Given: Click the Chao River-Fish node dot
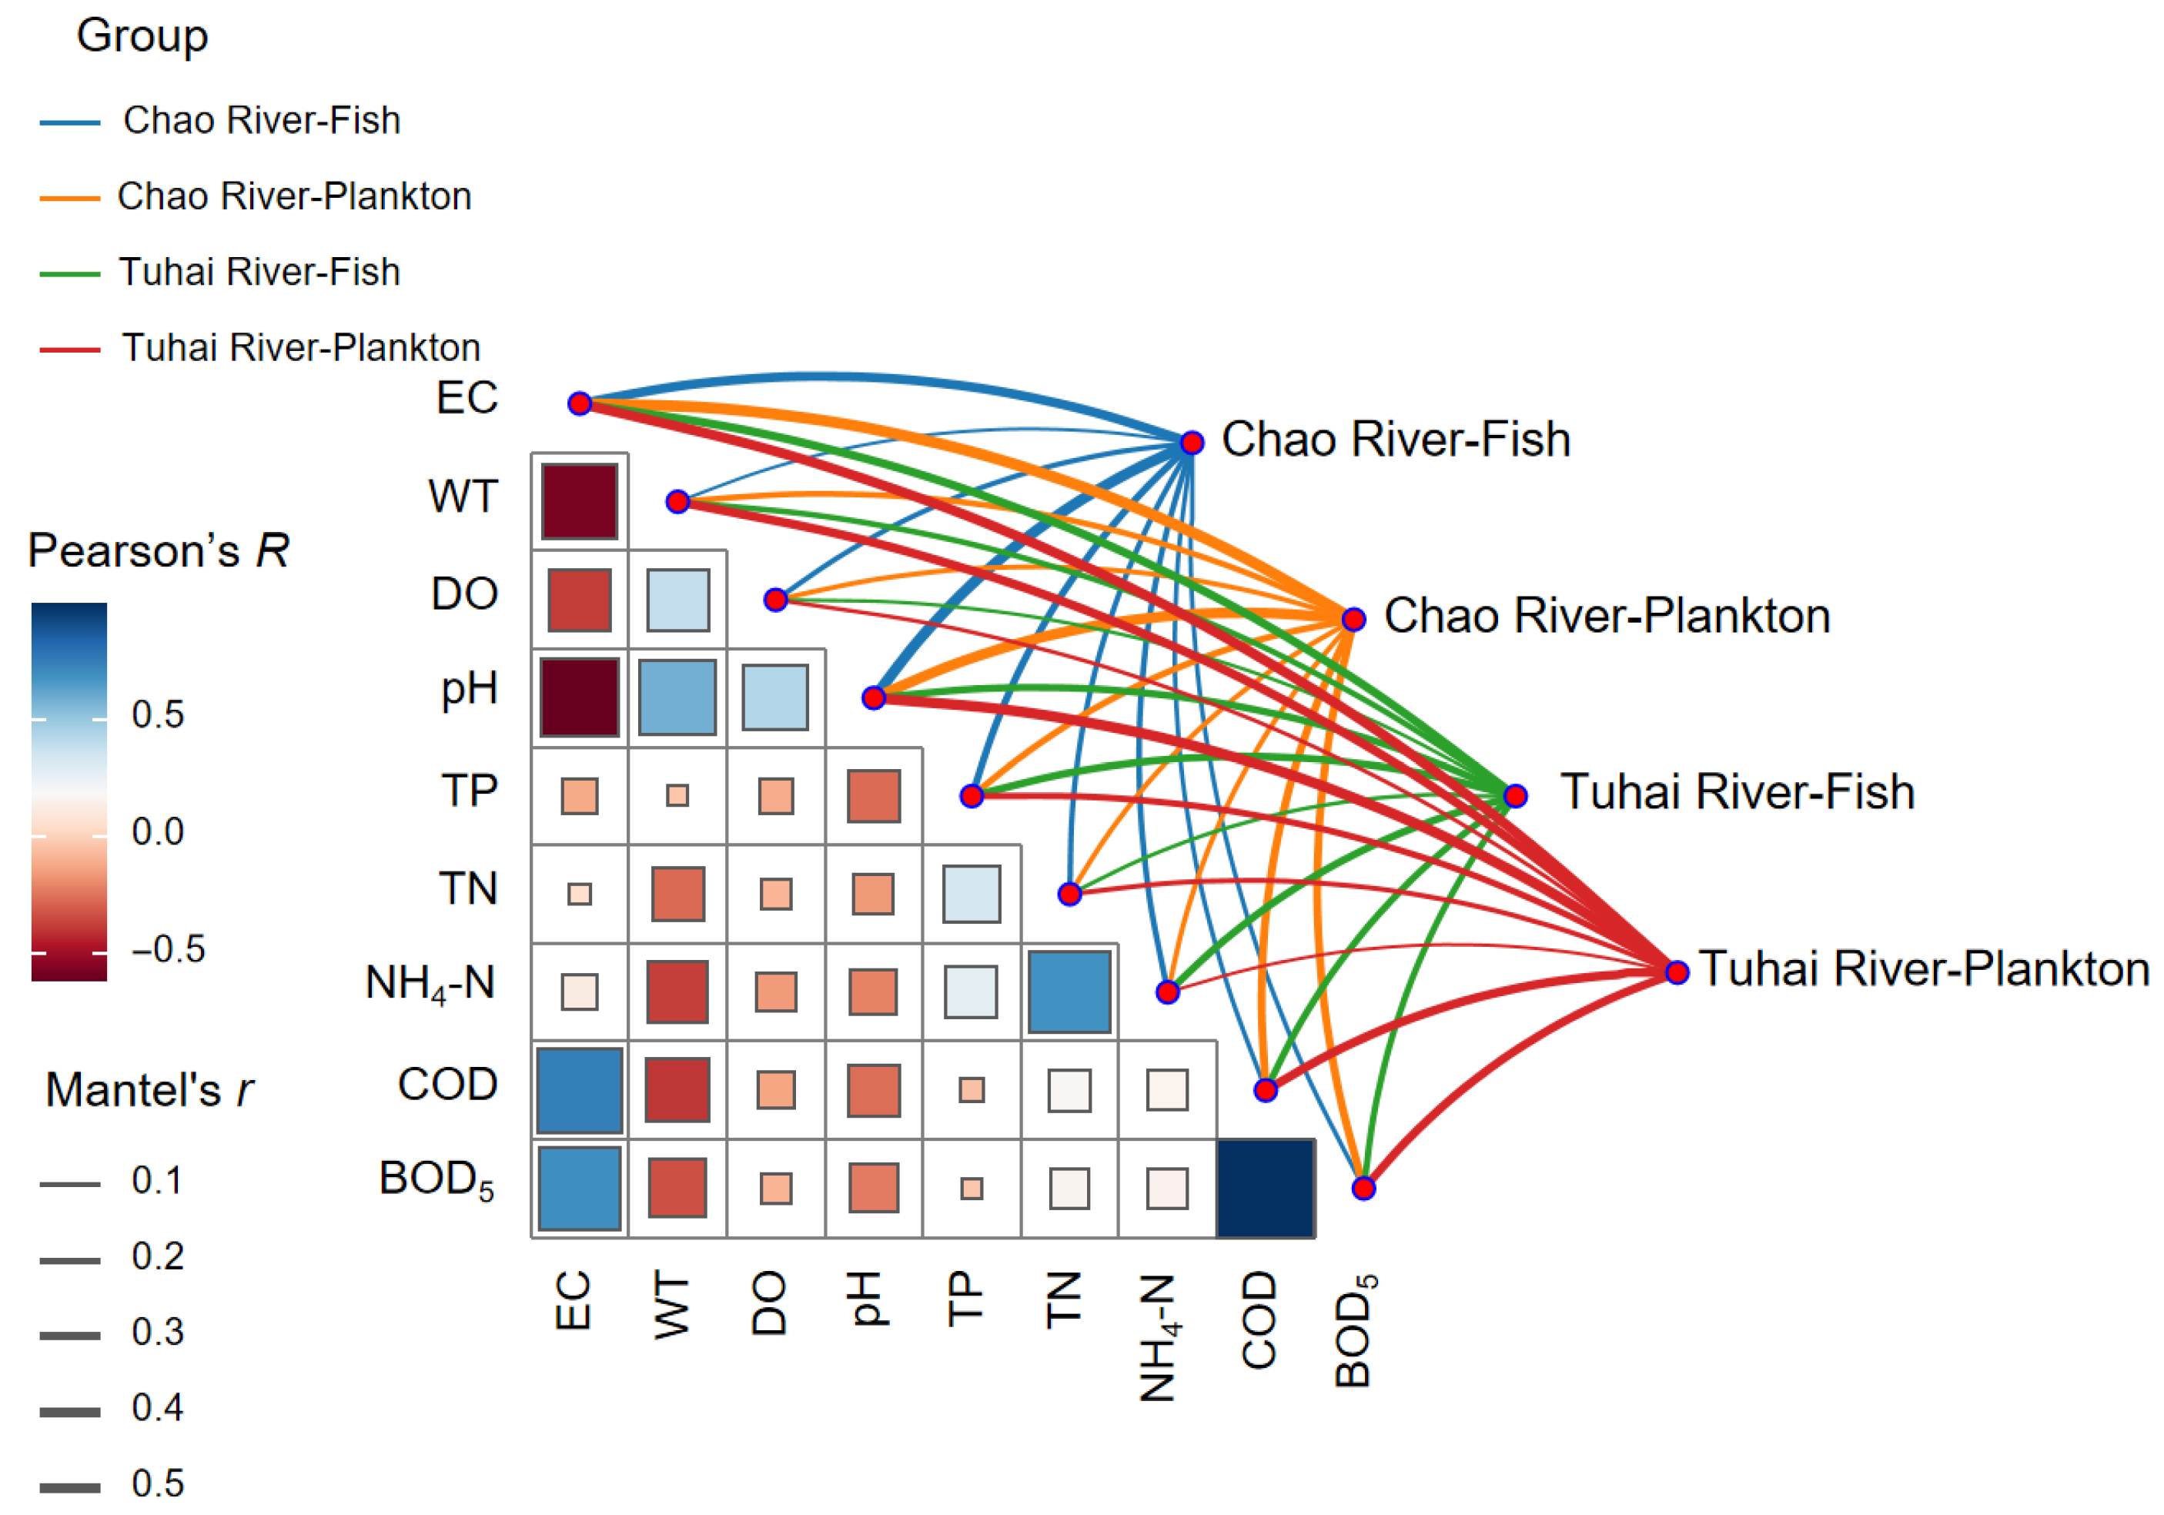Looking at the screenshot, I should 1192,442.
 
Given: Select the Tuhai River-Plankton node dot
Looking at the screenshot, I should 1677,972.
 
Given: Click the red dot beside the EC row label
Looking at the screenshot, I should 580,403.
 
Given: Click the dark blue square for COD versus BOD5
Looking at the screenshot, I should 1266,1188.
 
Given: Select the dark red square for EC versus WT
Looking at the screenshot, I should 580,502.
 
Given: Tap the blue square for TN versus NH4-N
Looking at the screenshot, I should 1070,992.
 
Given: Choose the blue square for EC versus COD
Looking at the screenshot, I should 580,1090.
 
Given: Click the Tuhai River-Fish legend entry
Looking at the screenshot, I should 259,273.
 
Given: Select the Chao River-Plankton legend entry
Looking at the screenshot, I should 293,196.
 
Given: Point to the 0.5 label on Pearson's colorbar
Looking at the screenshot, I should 157,714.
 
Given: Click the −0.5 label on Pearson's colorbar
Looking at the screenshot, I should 169,948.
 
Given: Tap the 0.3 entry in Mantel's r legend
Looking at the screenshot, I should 157,1332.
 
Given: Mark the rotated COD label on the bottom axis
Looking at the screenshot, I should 1259,1319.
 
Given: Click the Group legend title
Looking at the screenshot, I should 142,37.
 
